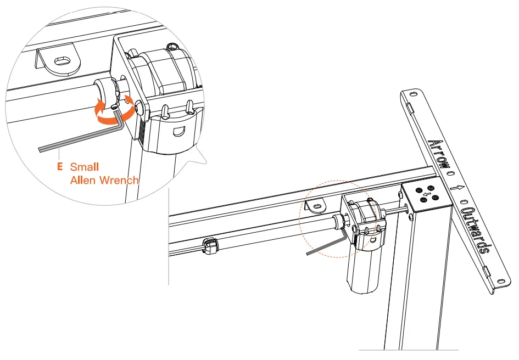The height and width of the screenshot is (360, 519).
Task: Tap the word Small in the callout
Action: (85, 167)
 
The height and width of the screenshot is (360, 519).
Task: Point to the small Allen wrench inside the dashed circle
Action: (327, 246)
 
